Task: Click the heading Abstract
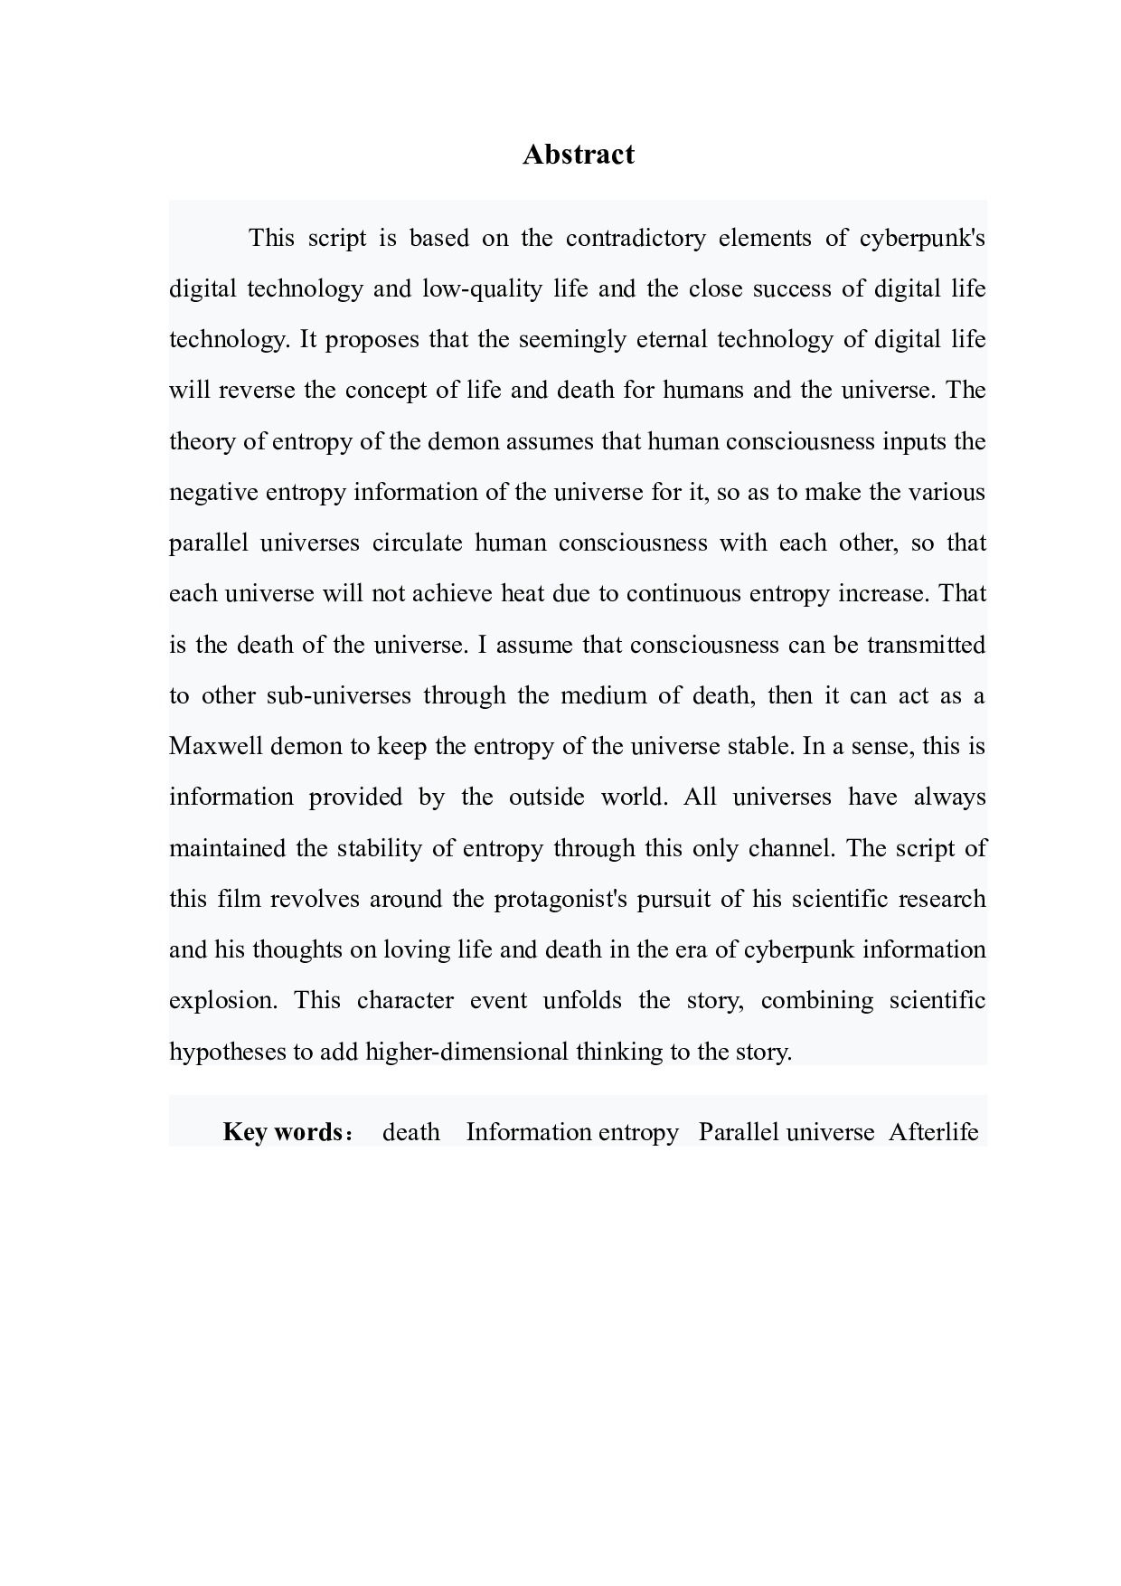pyautogui.click(x=579, y=155)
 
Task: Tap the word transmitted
pyautogui.click(x=926, y=645)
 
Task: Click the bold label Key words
pyautogui.click(x=281, y=1132)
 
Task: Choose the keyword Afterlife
pyautogui.click(x=933, y=1132)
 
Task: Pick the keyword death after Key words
pyautogui.click(x=411, y=1132)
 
